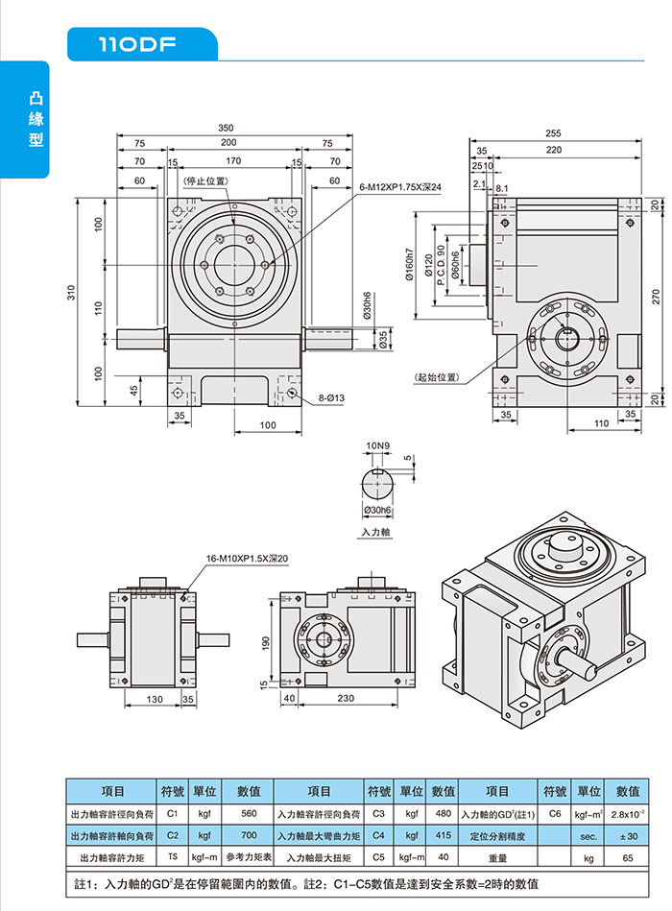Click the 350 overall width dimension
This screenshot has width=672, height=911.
(226, 128)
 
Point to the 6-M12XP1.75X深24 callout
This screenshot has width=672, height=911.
(399, 188)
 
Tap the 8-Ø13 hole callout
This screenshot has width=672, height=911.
(332, 396)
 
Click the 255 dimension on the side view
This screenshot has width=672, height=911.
(554, 133)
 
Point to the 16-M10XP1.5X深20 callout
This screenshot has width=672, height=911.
(248, 558)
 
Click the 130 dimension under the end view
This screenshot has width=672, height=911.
(154, 700)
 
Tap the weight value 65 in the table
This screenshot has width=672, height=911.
(627, 856)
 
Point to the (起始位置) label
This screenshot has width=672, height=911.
(436, 377)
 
